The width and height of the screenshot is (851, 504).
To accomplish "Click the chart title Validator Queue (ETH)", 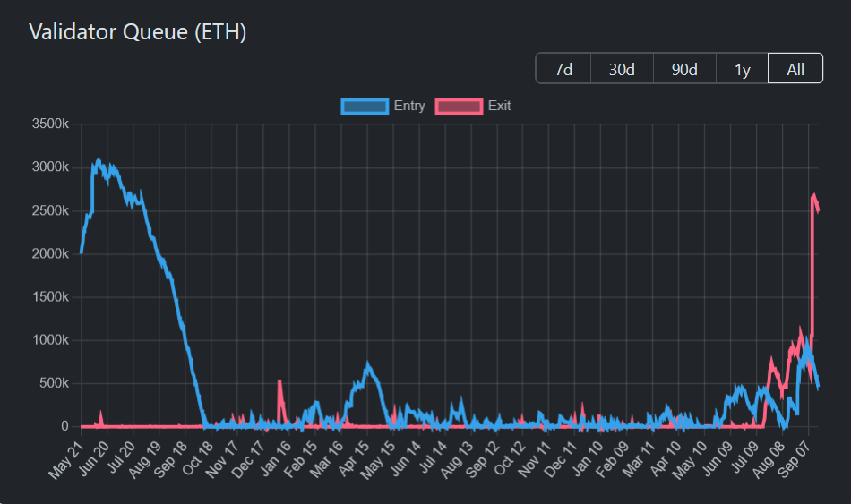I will (137, 32).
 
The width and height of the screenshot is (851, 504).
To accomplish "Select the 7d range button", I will (563, 69).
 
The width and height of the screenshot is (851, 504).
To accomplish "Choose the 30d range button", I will (622, 69).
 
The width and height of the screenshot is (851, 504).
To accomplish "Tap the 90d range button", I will (684, 69).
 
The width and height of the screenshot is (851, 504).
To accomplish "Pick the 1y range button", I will (742, 69).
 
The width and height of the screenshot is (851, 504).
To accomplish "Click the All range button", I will (795, 69).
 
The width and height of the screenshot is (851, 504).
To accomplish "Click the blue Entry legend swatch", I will (365, 107).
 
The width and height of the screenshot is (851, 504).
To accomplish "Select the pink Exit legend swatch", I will (459, 107).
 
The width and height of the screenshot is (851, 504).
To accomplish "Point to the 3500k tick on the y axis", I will (49, 124).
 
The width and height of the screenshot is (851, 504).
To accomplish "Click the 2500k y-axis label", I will (49, 210).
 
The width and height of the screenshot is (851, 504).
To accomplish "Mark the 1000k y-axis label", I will (49, 340).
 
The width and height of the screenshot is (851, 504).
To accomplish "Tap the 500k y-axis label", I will (52, 383).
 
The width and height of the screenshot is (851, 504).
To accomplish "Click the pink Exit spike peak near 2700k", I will (814, 194).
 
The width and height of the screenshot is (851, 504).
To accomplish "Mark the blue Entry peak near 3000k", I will (99, 161).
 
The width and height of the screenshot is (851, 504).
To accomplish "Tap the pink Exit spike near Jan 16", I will (279, 381).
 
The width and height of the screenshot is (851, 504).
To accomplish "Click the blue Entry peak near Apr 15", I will (367, 364).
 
